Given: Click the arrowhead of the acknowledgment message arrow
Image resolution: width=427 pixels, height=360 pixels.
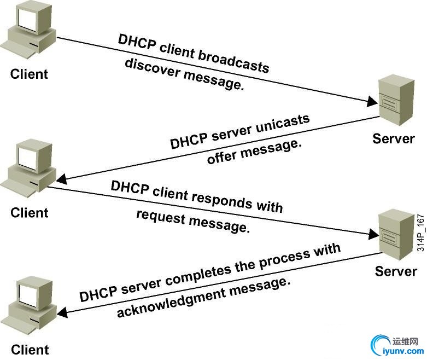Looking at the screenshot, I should [x=62, y=313].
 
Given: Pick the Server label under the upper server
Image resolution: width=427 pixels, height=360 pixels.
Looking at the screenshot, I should [x=394, y=138].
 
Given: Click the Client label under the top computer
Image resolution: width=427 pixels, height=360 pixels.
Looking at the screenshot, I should [x=30, y=74].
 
